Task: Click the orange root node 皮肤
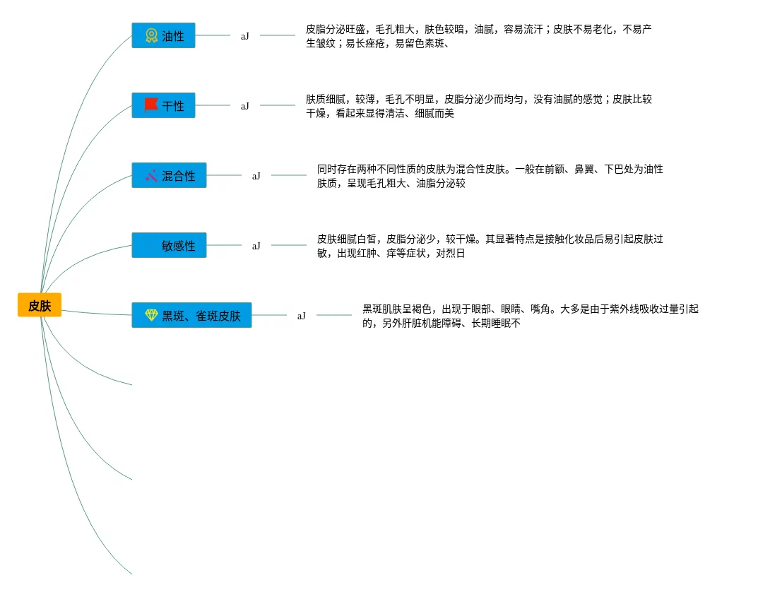(x=40, y=305)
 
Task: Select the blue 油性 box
(x=163, y=35)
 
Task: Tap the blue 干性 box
(x=163, y=105)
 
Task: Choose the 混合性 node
(x=169, y=175)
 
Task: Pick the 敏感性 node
(x=169, y=245)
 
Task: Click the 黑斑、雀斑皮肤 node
(x=191, y=315)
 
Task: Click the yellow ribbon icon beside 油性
(x=151, y=35)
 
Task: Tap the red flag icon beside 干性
(x=151, y=105)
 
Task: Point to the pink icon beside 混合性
(x=151, y=175)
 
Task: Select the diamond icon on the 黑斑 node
(x=151, y=315)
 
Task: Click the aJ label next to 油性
(x=244, y=35)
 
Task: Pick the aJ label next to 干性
(x=244, y=106)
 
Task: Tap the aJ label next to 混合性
(x=256, y=176)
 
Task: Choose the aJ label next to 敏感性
(x=256, y=246)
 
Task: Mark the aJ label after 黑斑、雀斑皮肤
(x=301, y=316)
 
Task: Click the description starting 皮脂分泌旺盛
(x=478, y=36)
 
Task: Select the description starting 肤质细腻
(x=478, y=106)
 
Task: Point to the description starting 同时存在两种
(x=490, y=176)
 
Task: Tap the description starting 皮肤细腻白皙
(x=490, y=246)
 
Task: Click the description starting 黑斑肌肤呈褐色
(x=530, y=316)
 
